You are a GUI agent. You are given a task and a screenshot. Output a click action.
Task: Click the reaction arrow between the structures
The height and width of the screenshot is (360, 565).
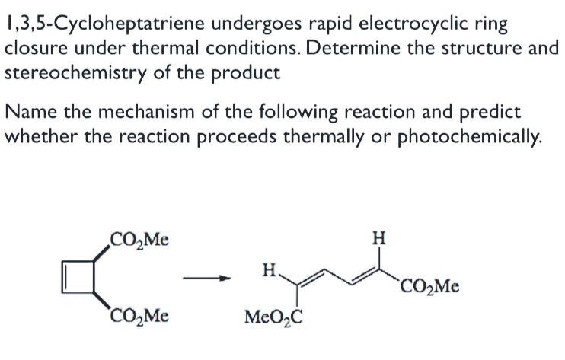(x=206, y=279)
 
